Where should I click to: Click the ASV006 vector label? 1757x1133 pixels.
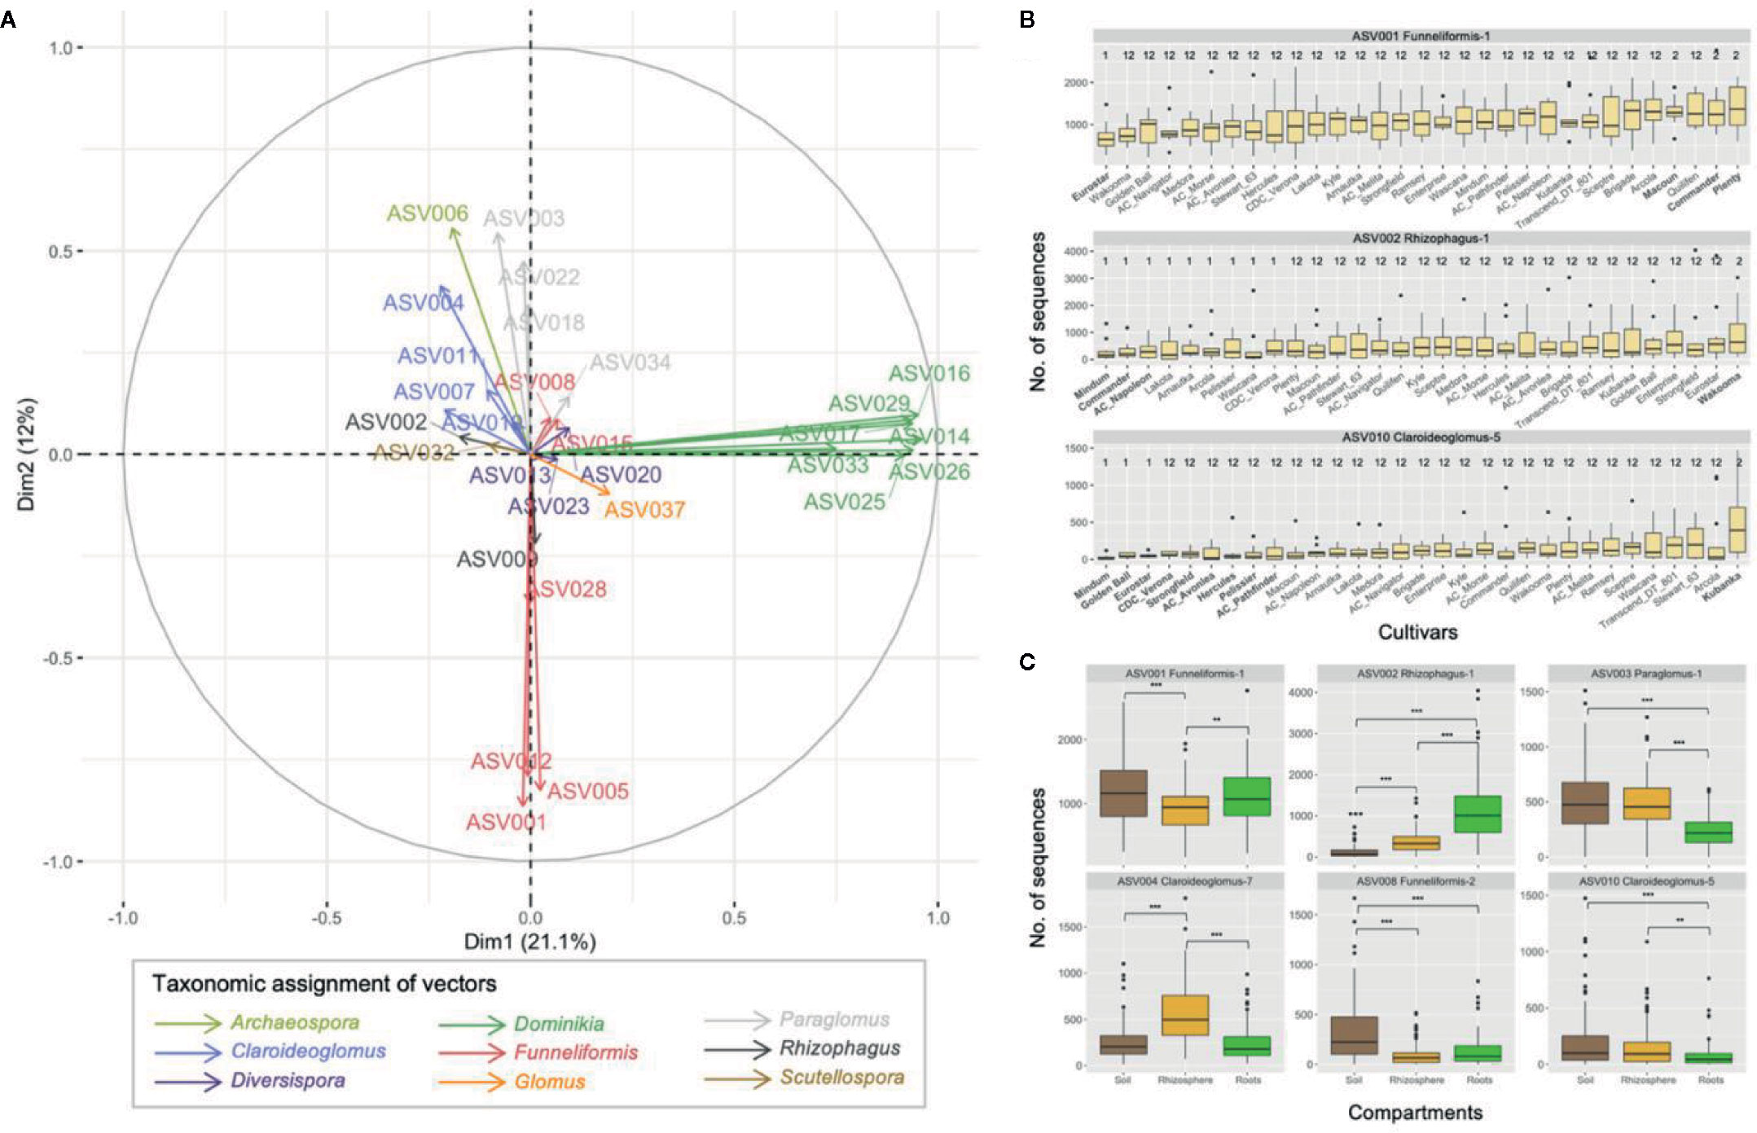[x=428, y=213]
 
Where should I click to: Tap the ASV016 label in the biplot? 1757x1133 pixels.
[x=929, y=374]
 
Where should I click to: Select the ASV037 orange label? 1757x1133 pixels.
[x=644, y=510]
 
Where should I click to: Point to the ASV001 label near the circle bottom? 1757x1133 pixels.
[x=506, y=822]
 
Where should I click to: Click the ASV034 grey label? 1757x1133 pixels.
[x=630, y=362]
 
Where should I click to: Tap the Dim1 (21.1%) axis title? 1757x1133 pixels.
[x=529, y=942]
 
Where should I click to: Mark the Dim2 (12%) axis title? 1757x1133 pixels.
[x=27, y=454]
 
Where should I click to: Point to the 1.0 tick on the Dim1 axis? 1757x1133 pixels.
[x=938, y=918]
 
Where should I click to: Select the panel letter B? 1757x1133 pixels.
[x=1027, y=20]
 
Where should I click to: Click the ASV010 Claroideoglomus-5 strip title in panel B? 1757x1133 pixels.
[x=1421, y=437]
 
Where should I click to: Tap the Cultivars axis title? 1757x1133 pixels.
[x=1417, y=632]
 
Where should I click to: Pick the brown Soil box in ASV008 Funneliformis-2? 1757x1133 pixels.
[x=1354, y=1035]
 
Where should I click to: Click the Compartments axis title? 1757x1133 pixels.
[x=1415, y=1113]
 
